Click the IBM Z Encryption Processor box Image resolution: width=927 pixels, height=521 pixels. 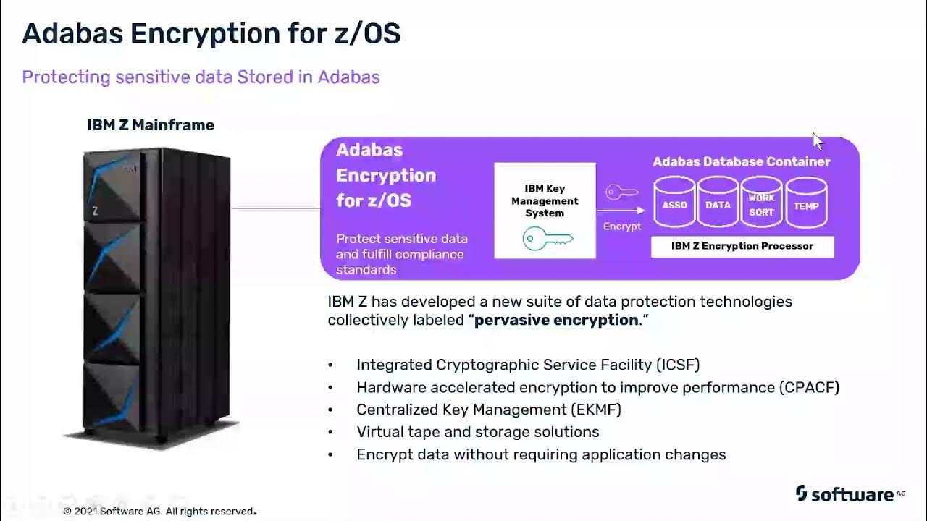(742, 246)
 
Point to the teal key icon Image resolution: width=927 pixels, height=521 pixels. (548, 238)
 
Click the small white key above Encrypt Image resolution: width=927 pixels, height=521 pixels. (622, 192)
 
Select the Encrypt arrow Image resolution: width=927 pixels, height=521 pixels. (621, 211)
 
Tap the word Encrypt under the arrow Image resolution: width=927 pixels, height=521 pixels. (622, 226)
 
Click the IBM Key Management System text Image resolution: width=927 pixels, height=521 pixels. (545, 201)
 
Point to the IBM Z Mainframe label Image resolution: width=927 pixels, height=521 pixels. (151, 125)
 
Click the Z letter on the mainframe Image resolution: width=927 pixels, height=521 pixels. (95, 211)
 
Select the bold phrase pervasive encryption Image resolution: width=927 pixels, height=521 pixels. (556, 320)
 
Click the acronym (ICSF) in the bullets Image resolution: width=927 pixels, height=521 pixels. (678, 365)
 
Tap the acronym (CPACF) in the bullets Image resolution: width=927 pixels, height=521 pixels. (810, 387)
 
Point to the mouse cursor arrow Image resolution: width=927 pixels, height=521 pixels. (818, 141)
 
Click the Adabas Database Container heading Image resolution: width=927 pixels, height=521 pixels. (742, 161)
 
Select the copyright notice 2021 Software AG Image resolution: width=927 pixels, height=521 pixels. (159, 512)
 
